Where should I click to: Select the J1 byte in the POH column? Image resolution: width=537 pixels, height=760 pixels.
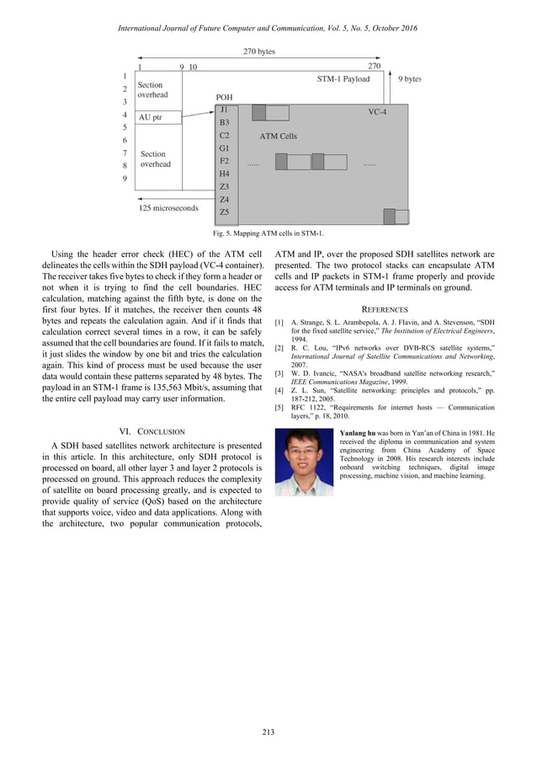coord(223,110)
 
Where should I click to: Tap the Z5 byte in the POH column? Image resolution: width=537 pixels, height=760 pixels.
coord(224,212)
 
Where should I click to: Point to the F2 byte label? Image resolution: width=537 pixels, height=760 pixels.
coord(224,161)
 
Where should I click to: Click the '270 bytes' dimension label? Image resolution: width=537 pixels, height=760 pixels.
coord(259,51)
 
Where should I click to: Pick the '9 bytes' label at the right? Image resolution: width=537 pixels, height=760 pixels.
coord(409,79)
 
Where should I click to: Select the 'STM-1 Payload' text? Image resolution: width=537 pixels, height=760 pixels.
coord(343,79)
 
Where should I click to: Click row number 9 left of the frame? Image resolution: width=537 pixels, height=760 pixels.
coord(125,179)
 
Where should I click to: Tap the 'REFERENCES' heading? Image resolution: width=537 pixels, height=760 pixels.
coord(384,309)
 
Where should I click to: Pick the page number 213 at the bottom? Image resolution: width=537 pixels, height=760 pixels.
coord(268,731)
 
